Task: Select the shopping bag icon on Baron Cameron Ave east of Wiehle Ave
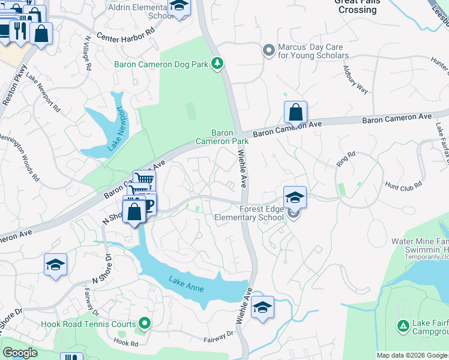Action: point(295,112)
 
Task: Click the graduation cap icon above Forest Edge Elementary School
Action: point(295,197)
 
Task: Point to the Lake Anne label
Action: point(186,284)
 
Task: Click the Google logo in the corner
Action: point(20,352)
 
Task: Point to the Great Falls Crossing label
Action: point(357,6)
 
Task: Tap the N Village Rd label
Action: point(88,53)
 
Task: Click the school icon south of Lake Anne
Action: point(262,308)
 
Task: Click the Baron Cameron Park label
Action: point(221,137)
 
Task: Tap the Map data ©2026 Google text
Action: point(411,355)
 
